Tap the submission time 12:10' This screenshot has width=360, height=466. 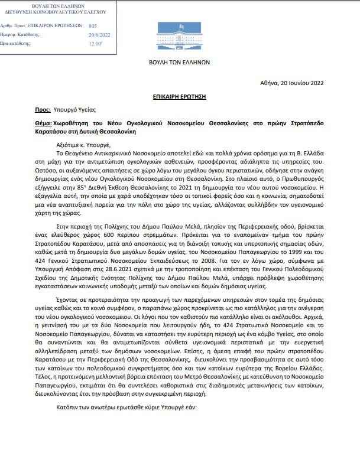[96, 43]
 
